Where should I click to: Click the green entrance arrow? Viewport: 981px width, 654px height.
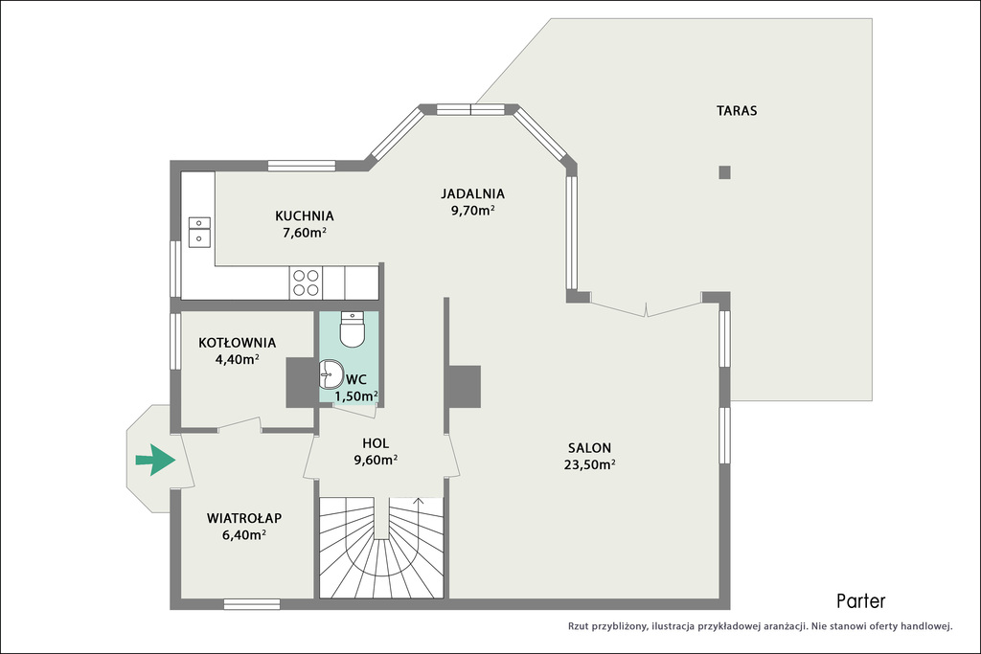point(155,460)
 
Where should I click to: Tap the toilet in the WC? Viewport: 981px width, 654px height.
point(352,329)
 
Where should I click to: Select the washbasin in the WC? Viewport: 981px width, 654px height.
point(331,374)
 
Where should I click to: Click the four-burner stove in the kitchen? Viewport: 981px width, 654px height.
point(306,282)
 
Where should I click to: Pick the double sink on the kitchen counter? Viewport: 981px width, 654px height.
point(199,231)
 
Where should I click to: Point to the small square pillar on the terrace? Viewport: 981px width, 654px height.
point(724,172)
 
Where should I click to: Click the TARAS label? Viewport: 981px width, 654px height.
point(737,111)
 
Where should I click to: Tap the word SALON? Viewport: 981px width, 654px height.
point(589,448)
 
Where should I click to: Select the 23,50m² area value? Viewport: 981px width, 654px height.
point(589,463)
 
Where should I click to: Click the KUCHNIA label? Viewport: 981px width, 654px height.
point(305,215)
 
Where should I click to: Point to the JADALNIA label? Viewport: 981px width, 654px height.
point(472,193)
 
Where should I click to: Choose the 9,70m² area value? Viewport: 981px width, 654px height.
point(473,210)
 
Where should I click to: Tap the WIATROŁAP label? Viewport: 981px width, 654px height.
point(244,518)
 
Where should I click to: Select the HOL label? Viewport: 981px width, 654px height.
point(376,443)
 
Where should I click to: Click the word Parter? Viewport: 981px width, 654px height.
point(861,600)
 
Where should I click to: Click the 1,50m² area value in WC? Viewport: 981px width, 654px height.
point(356,395)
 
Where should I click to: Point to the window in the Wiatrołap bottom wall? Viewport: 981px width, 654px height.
point(252,604)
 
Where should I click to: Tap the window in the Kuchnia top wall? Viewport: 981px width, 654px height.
point(303,166)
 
